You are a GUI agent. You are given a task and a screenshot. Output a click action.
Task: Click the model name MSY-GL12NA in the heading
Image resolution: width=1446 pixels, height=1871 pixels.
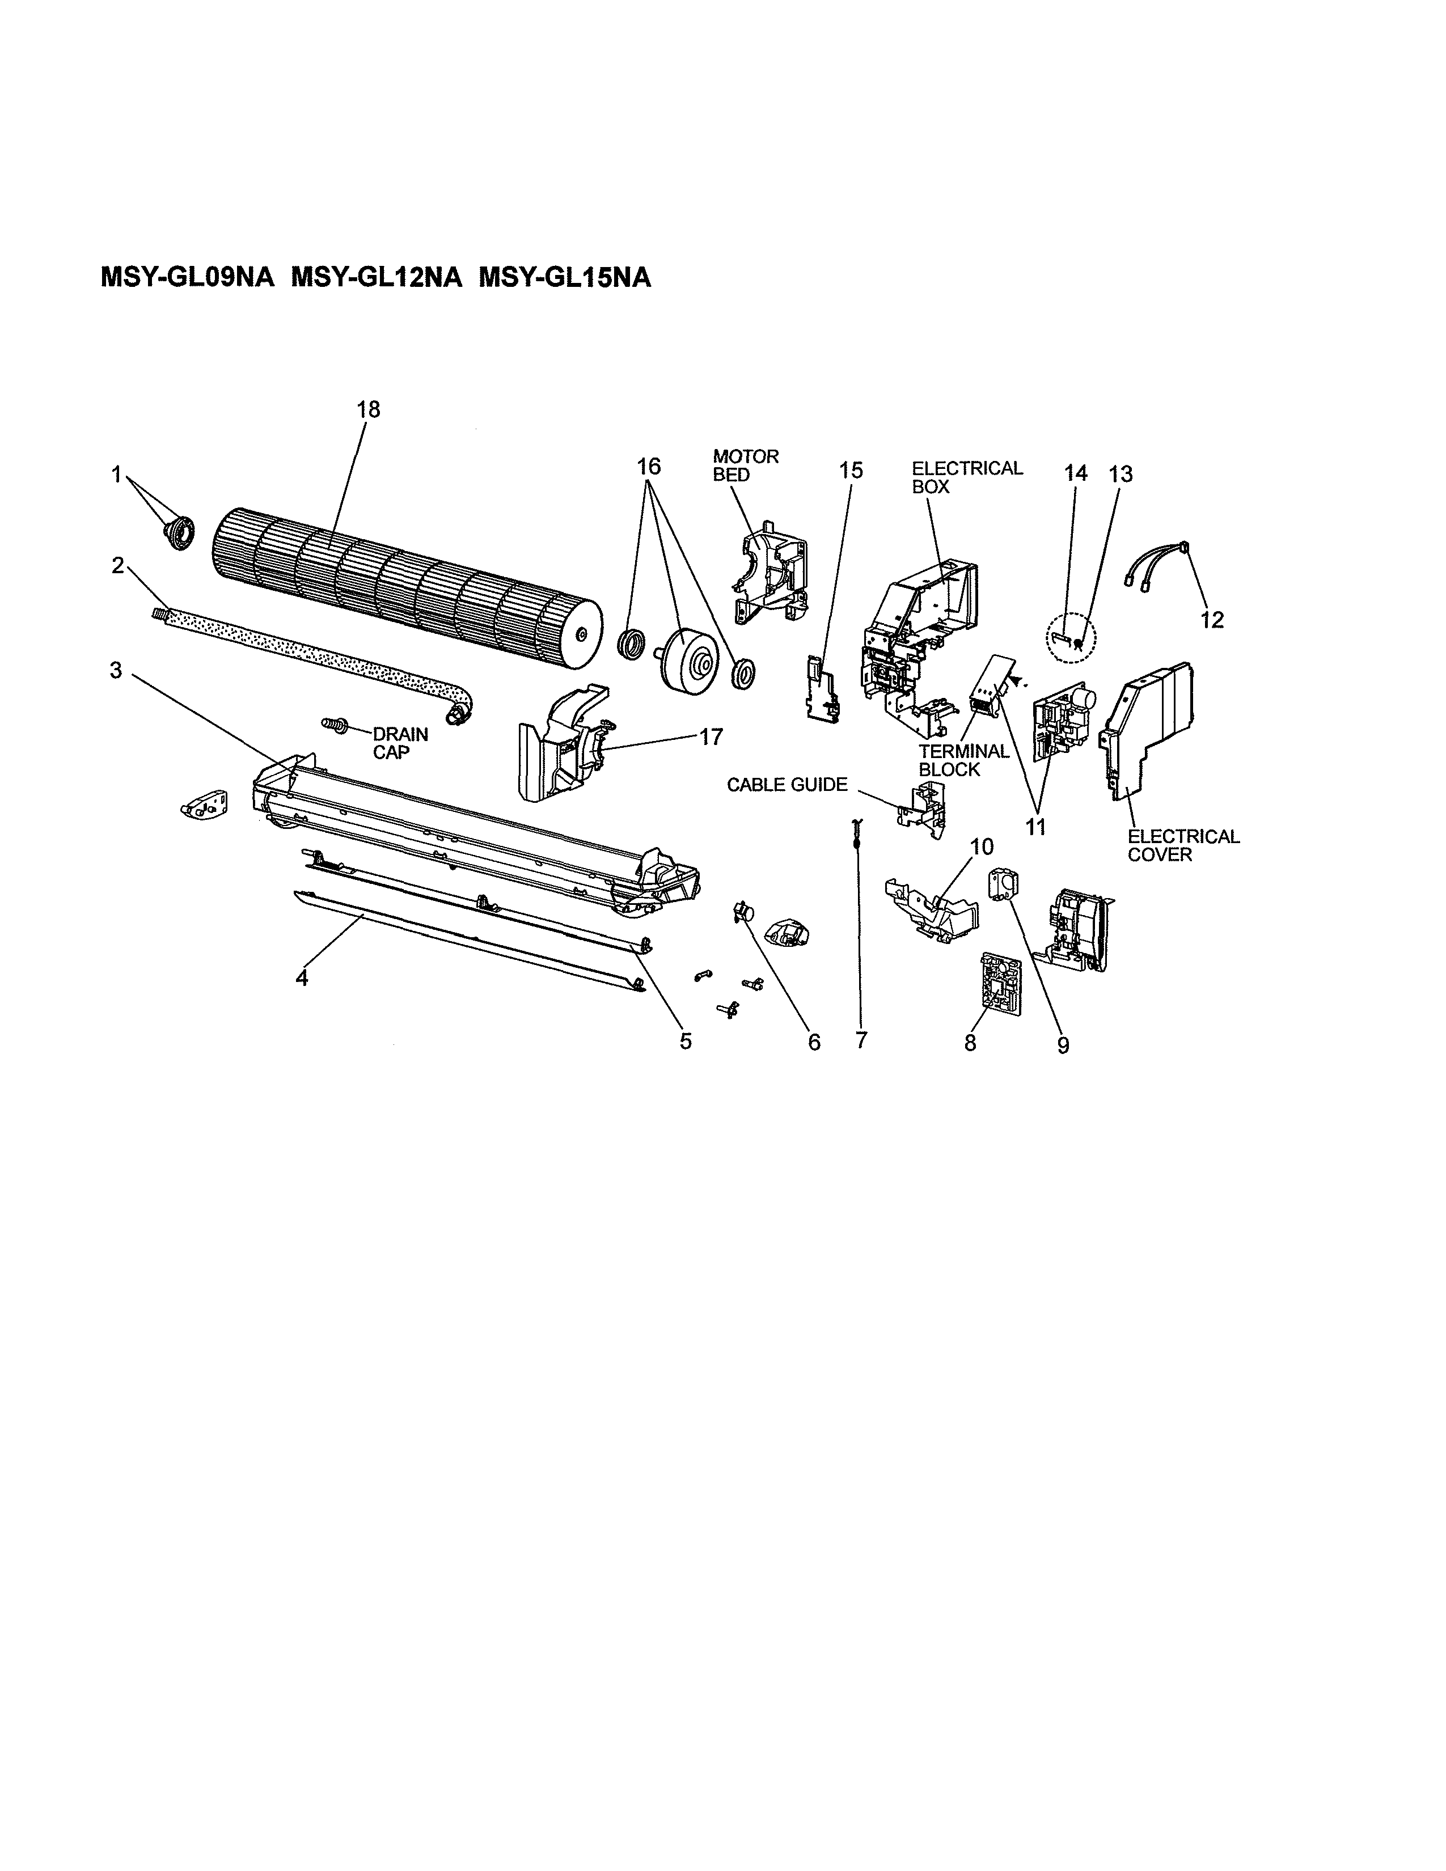point(376,278)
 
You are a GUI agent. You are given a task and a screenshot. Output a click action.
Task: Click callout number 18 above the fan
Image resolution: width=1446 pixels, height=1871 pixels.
point(369,409)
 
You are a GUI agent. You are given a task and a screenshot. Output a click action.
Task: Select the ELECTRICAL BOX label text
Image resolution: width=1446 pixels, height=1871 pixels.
point(966,477)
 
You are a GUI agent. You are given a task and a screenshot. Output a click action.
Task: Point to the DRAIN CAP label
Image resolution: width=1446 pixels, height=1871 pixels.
point(399,744)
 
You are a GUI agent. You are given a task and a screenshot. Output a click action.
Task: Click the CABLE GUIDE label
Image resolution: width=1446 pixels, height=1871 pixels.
point(787,785)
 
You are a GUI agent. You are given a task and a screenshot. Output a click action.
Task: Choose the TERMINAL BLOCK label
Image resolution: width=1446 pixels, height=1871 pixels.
point(963,760)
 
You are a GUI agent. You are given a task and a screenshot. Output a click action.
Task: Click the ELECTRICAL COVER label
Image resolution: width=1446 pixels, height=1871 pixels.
point(1183,845)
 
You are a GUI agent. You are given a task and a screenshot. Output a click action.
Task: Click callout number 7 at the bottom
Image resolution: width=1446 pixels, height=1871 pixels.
point(861,1041)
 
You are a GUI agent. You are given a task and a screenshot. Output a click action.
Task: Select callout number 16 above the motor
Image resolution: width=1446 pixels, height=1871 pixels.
point(649,467)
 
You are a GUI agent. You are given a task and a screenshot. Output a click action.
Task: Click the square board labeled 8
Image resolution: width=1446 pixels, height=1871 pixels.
point(998,985)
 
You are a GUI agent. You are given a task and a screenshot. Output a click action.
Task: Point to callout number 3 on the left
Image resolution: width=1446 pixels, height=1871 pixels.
point(116,671)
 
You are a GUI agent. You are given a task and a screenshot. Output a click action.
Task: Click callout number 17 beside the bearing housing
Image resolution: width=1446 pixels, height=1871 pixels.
point(711,736)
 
